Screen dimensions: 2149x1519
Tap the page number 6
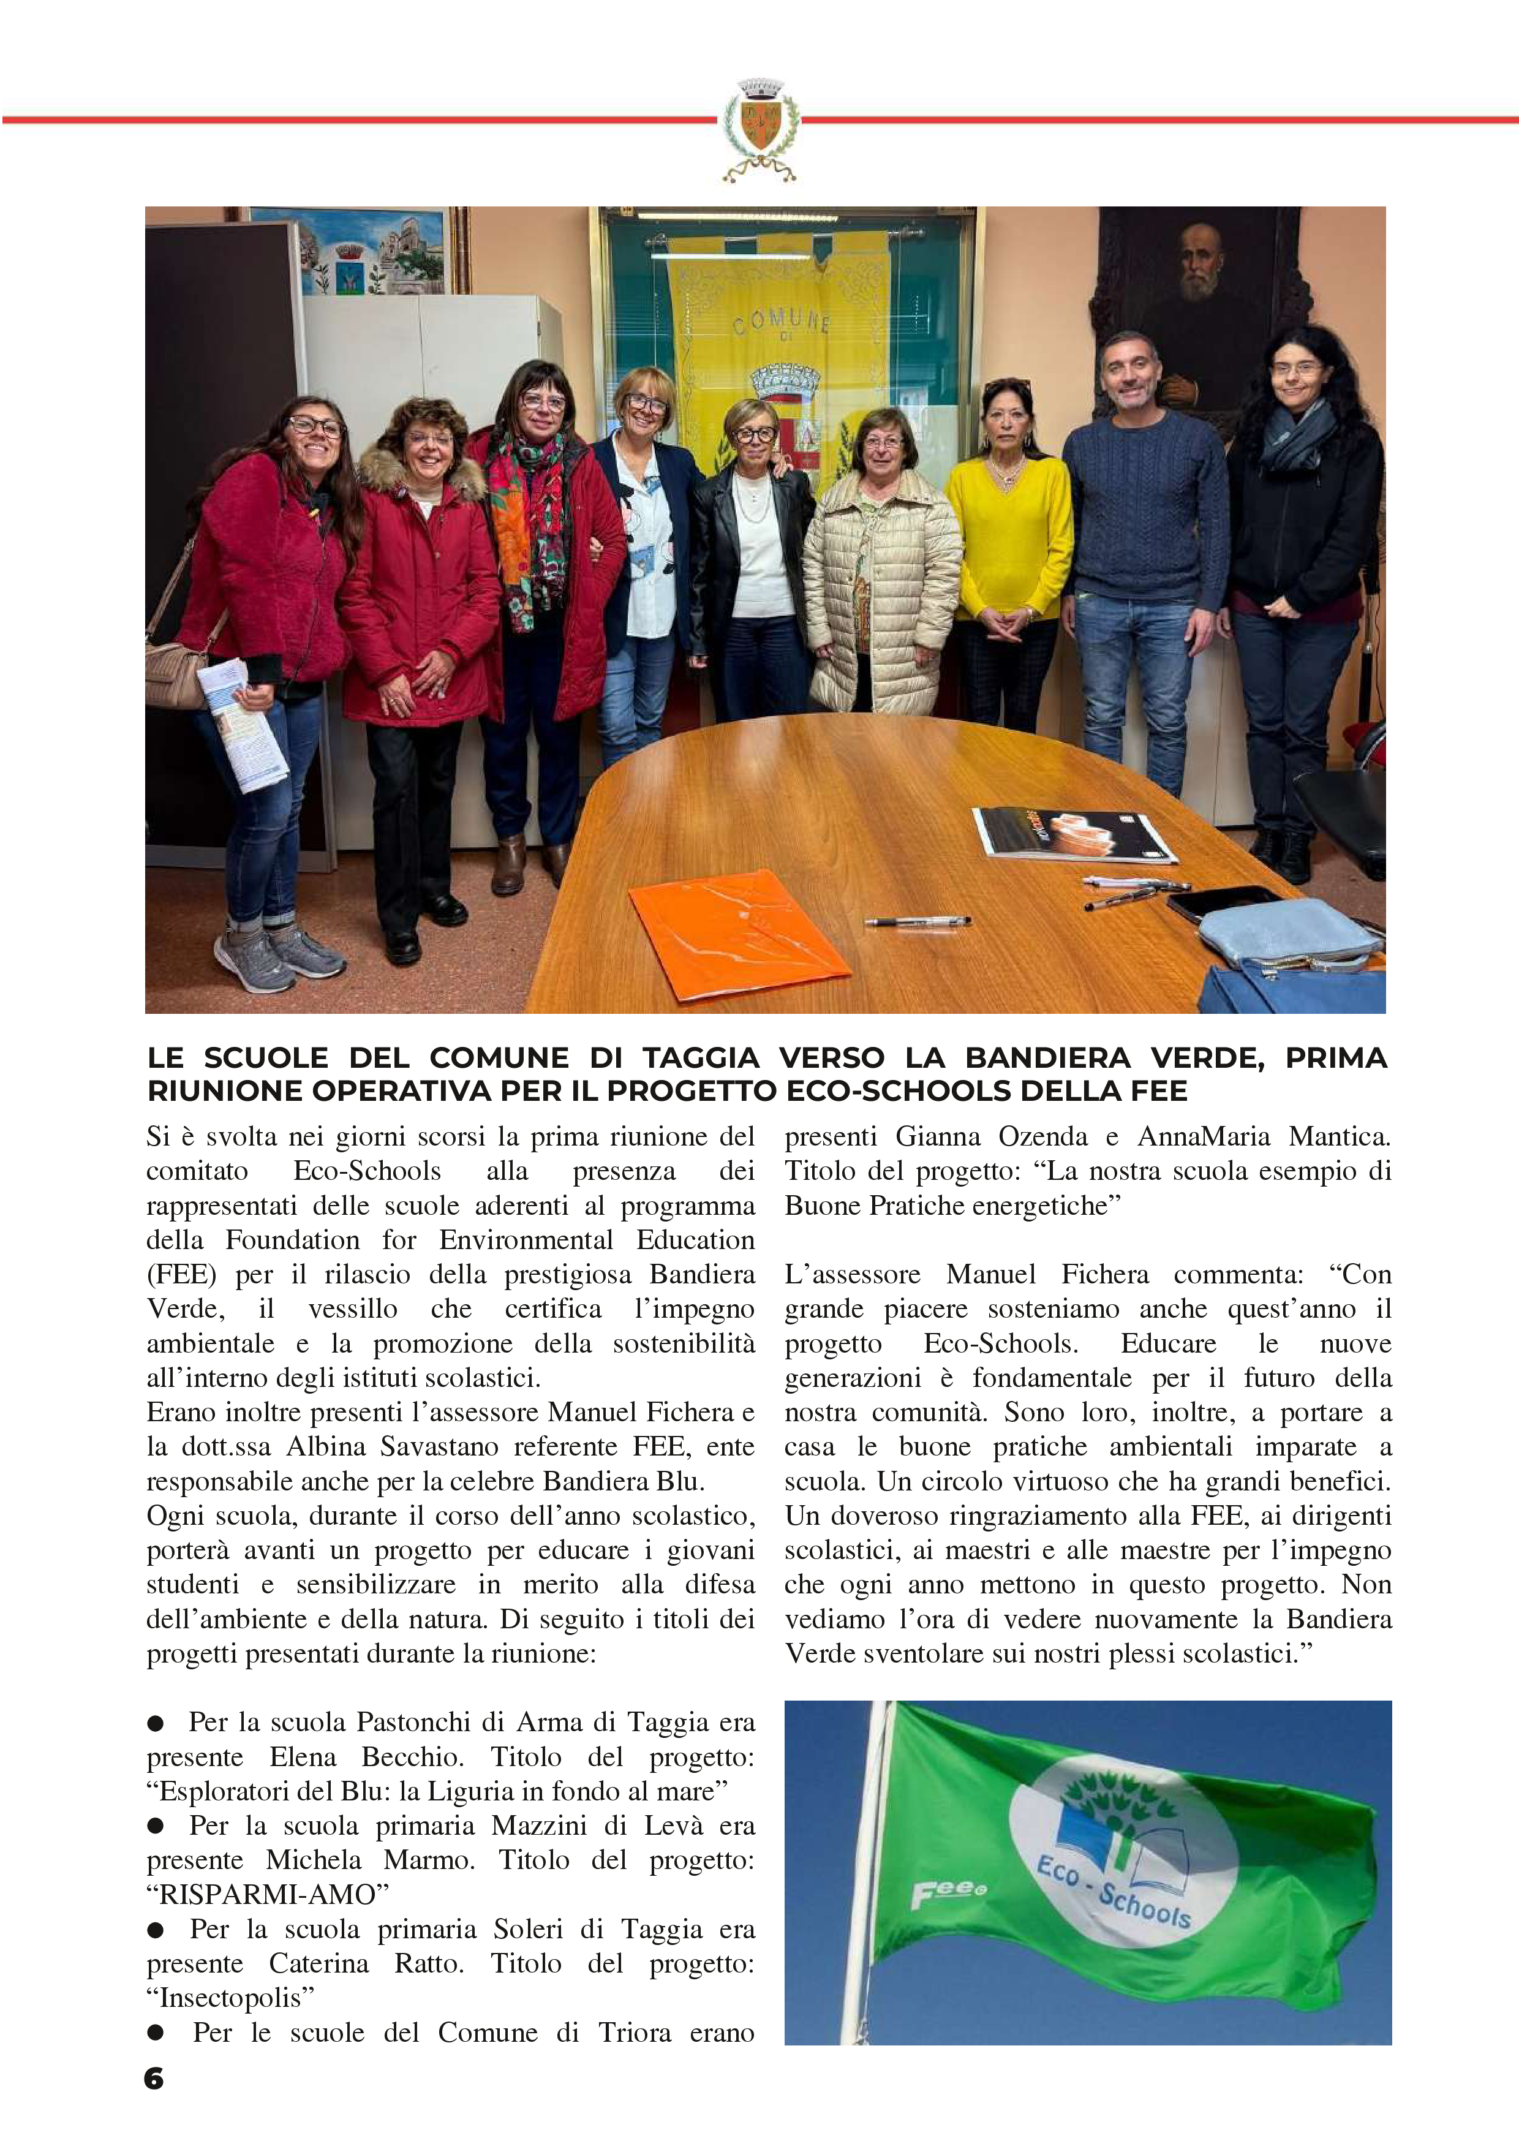[154, 2078]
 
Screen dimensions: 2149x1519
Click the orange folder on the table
[739, 934]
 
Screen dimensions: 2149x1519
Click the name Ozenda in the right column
[1038, 1136]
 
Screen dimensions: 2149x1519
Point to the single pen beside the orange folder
[916, 921]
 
